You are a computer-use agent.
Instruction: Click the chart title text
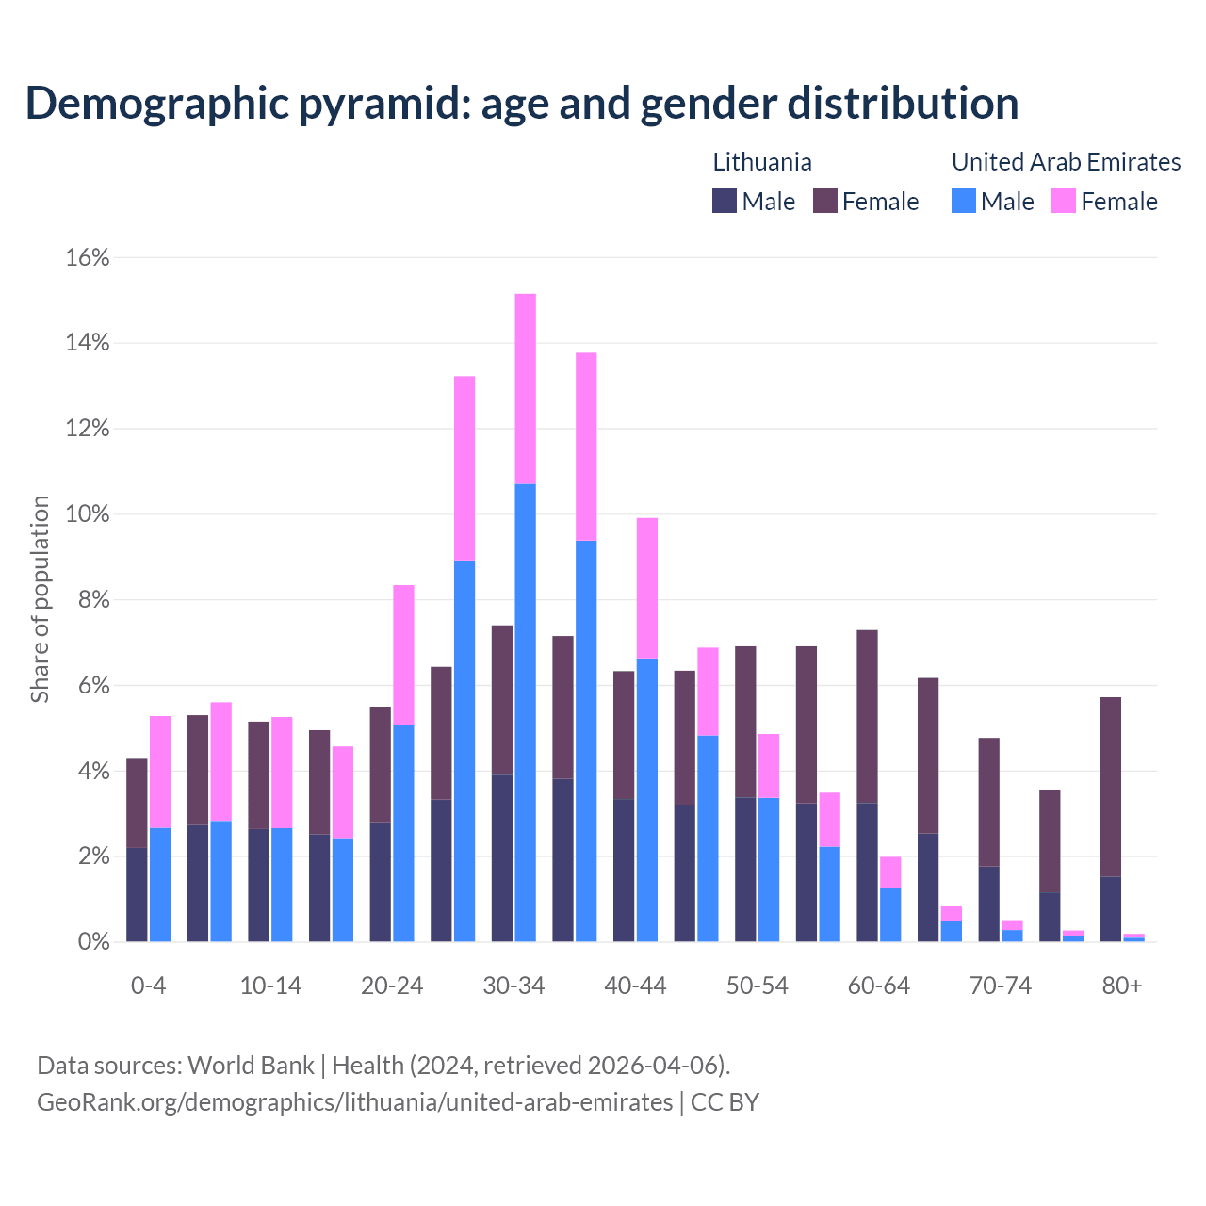click(521, 103)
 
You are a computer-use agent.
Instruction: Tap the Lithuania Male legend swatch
click(725, 201)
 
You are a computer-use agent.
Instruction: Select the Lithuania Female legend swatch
click(825, 201)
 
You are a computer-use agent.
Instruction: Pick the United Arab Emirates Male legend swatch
click(964, 201)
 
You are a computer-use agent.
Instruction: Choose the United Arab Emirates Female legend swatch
click(1064, 201)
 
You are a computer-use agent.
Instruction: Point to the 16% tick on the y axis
click(88, 257)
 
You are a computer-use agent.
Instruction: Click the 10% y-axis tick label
click(88, 514)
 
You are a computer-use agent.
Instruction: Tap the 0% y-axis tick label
click(92, 942)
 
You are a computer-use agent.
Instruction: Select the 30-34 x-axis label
click(513, 986)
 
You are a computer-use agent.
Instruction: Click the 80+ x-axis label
click(1122, 986)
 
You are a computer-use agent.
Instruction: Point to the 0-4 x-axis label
click(148, 986)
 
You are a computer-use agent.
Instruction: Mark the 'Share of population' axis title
click(41, 599)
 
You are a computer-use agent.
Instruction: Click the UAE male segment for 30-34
click(526, 712)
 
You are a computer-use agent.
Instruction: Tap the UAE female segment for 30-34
click(526, 388)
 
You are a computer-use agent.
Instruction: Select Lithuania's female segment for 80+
click(1111, 787)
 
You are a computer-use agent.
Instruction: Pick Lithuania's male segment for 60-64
click(867, 872)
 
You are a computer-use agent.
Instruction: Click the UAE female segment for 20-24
click(403, 655)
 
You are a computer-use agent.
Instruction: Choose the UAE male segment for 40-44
click(647, 800)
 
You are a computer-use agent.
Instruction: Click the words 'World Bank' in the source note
click(251, 1066)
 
